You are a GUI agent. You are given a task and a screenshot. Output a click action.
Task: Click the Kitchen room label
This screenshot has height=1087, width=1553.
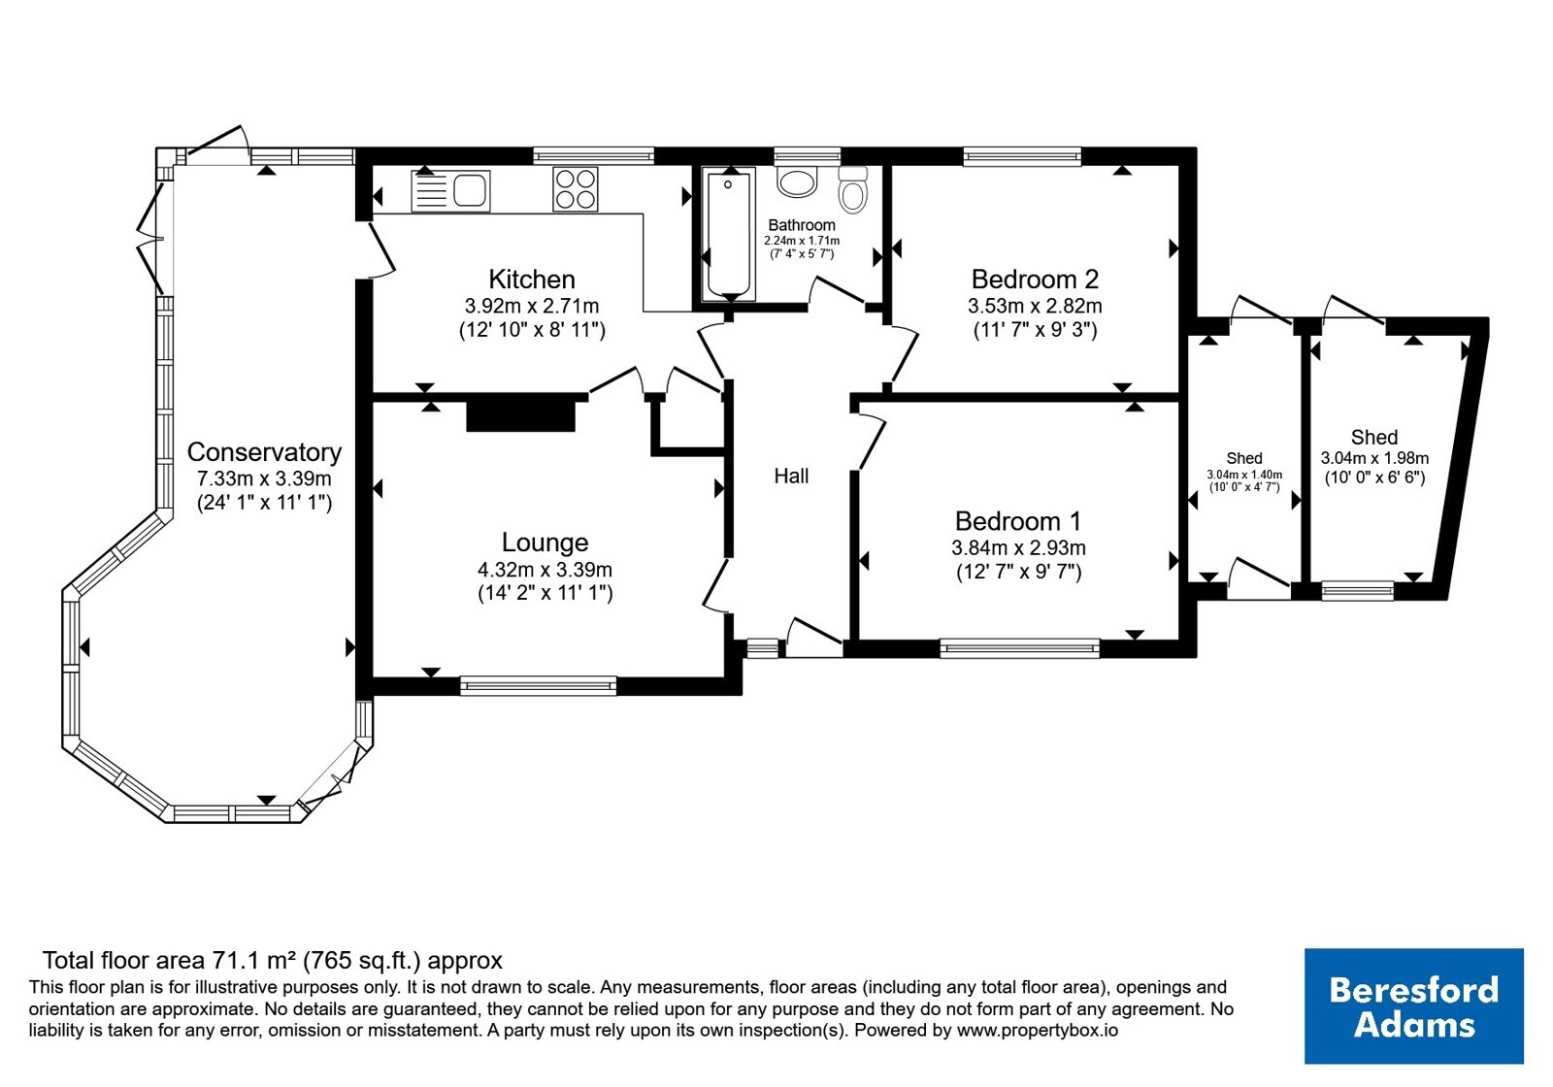pos(532,280)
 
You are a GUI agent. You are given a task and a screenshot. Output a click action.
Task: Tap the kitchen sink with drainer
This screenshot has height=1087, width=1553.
pos(450,190)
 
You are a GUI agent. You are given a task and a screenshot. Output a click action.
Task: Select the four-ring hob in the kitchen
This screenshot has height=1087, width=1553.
pos(576,189)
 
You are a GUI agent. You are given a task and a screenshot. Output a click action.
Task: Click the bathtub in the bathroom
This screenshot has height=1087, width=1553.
pos(728,234)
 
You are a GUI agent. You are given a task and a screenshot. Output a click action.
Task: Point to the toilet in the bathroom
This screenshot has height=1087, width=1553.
pos(853,188)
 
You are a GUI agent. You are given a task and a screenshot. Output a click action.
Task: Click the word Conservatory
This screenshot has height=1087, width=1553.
pos(264,452)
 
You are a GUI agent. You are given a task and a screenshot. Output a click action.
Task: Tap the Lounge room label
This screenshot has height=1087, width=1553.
pos(545,543)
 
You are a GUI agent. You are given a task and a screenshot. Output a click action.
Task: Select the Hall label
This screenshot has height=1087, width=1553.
pos(791,476)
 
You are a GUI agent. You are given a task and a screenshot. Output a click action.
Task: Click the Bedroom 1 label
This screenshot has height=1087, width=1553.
pos(1018,520)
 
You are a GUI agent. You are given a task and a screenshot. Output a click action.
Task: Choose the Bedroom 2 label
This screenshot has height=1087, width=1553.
pos(1035,280)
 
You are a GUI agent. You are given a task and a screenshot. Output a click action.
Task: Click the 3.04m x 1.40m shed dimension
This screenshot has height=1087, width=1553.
pos(1244,475)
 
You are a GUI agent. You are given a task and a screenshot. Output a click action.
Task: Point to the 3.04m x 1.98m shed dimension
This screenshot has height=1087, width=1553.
pos(1374,458)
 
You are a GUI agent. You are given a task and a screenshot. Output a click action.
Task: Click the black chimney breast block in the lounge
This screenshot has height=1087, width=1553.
pos(520,415)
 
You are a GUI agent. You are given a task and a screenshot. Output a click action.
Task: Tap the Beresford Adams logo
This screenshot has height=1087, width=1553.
pos(1414,1005)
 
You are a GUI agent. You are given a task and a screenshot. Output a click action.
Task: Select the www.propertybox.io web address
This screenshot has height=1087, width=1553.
pos(1038,1030)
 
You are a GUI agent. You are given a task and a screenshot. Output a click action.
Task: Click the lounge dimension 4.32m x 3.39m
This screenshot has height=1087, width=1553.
pos(545,570)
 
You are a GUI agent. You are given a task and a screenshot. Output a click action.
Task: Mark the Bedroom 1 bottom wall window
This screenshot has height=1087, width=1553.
pos(1020,648)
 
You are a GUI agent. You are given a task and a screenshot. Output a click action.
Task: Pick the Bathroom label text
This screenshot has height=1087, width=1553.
pos(802,225)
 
